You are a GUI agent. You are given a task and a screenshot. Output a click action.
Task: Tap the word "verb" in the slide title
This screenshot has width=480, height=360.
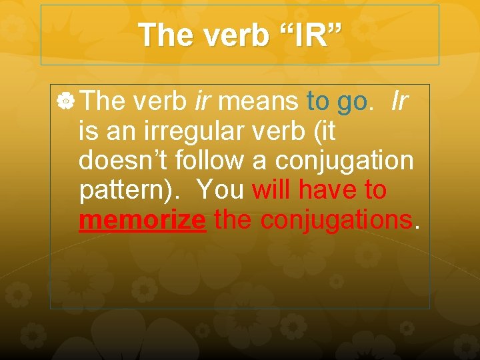pos(233,35)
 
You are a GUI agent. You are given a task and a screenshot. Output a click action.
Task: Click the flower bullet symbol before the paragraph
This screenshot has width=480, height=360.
pos(65,102)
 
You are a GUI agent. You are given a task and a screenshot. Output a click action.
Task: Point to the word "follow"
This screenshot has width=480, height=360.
pos(196,161)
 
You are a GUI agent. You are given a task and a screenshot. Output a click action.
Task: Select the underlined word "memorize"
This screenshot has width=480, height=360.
pos(141,220)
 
